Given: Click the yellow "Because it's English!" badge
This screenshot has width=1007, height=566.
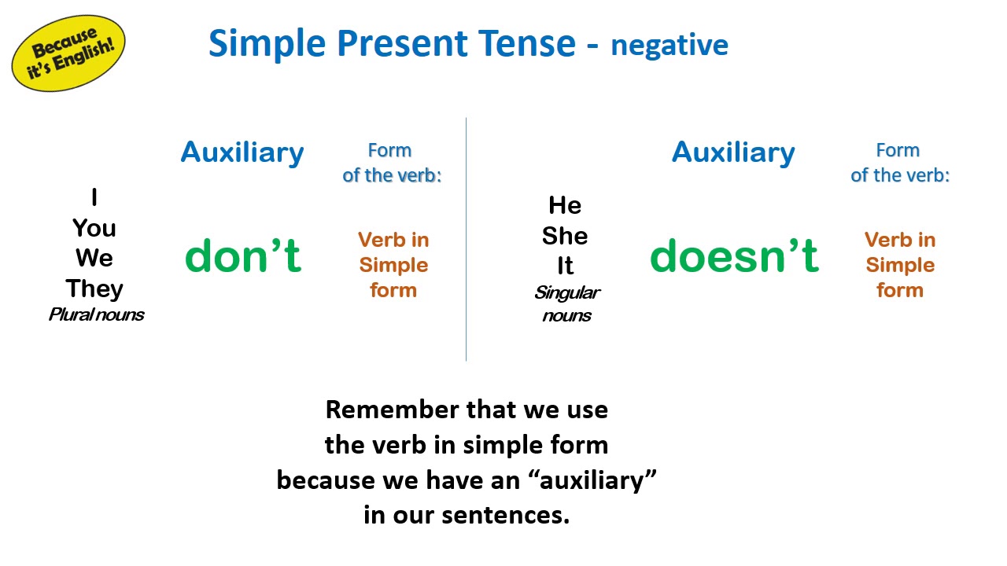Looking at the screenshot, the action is (x=68, y=53).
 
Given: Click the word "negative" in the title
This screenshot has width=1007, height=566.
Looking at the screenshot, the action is (x=669, y=46).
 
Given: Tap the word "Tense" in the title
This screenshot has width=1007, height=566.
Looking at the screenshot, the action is (x=526, y=43).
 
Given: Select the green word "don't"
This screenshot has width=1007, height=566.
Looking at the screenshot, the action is (x=243, y=255).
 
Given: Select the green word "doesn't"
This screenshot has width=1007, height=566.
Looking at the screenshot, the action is (x=734, y=255).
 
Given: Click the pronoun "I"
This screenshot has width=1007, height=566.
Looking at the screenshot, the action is (x=94, y=197).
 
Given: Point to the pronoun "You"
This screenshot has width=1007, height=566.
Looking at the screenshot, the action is (x=94, y=228).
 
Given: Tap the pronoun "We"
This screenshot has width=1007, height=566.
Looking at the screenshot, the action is (x=94, y=258).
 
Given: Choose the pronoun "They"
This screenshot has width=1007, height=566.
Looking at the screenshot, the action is (x=94, y=289).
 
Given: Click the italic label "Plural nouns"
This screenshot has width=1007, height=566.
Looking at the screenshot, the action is (x=96, y=314).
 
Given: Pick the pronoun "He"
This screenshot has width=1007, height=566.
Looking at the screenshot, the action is (x=565, y=205).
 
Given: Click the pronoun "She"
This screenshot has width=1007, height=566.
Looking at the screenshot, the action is (x=565, y=236).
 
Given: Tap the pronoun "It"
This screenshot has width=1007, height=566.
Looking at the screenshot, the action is (x=565, y=266).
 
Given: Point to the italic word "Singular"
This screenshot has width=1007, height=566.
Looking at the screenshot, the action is (x=567, y=293).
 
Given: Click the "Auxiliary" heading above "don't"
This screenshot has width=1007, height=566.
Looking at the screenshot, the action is (x=242, y=153).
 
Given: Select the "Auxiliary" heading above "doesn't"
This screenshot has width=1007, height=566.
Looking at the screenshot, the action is (x=733, y=153).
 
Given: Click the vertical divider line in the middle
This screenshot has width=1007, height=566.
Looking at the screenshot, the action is (x=467, y=239).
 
